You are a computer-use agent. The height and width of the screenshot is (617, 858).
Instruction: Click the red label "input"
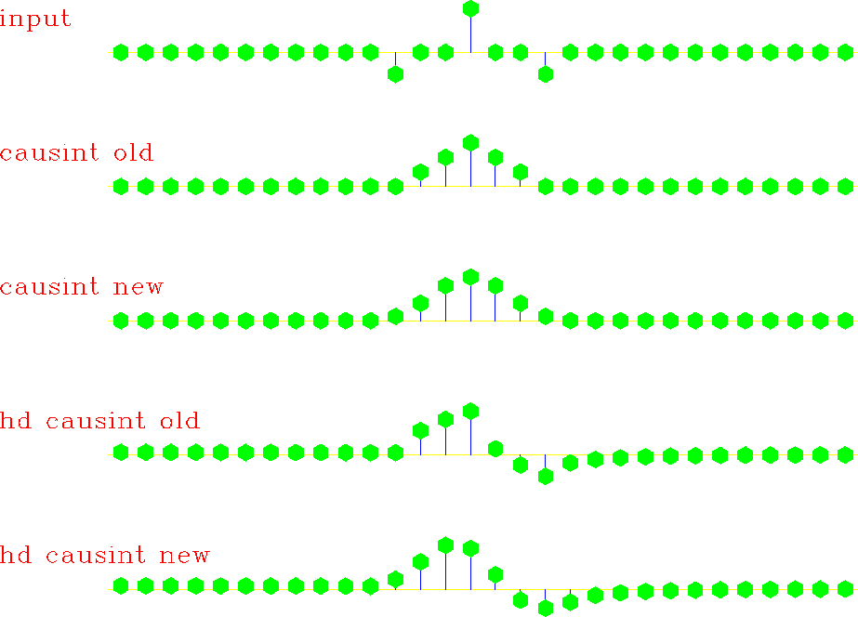tap(35, 19)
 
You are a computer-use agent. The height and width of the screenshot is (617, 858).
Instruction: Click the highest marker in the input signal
tap(470, 8)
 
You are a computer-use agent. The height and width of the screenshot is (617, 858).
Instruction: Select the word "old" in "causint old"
tap(134, 152)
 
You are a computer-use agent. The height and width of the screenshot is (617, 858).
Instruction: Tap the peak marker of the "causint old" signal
tap(470, 143)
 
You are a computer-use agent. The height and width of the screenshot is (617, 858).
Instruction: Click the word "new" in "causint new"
tap(138, 286)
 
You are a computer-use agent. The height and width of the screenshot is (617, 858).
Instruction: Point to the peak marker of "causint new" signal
tap(470, 277)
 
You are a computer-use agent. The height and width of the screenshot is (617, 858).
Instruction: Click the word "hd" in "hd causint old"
tap(16, 421)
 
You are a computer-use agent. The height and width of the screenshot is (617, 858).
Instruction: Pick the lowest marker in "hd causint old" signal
tap(545, 477)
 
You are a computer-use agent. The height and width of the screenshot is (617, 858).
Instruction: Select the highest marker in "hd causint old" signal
tap(470, 411)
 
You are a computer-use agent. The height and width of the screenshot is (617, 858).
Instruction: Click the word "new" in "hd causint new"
tap(184, 555)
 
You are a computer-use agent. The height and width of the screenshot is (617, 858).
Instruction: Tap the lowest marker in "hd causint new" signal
tap(545, 608)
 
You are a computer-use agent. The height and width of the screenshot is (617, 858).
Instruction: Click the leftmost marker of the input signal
tap(121, 53)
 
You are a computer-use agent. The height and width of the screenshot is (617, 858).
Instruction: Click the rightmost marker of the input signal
tap(845, 53)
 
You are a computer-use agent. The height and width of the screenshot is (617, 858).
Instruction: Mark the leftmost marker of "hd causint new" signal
tap(121, 585)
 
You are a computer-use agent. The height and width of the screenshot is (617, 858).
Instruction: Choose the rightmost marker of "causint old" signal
tap(845, 187)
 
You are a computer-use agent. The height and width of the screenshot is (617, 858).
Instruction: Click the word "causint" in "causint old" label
tap(49, 152)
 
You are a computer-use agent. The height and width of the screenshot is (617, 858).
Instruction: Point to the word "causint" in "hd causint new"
tap(96, 555)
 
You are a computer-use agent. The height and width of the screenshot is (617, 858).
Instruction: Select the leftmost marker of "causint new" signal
tap(121, 321)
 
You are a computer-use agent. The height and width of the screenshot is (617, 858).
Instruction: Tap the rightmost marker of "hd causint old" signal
tap(845, 454)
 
